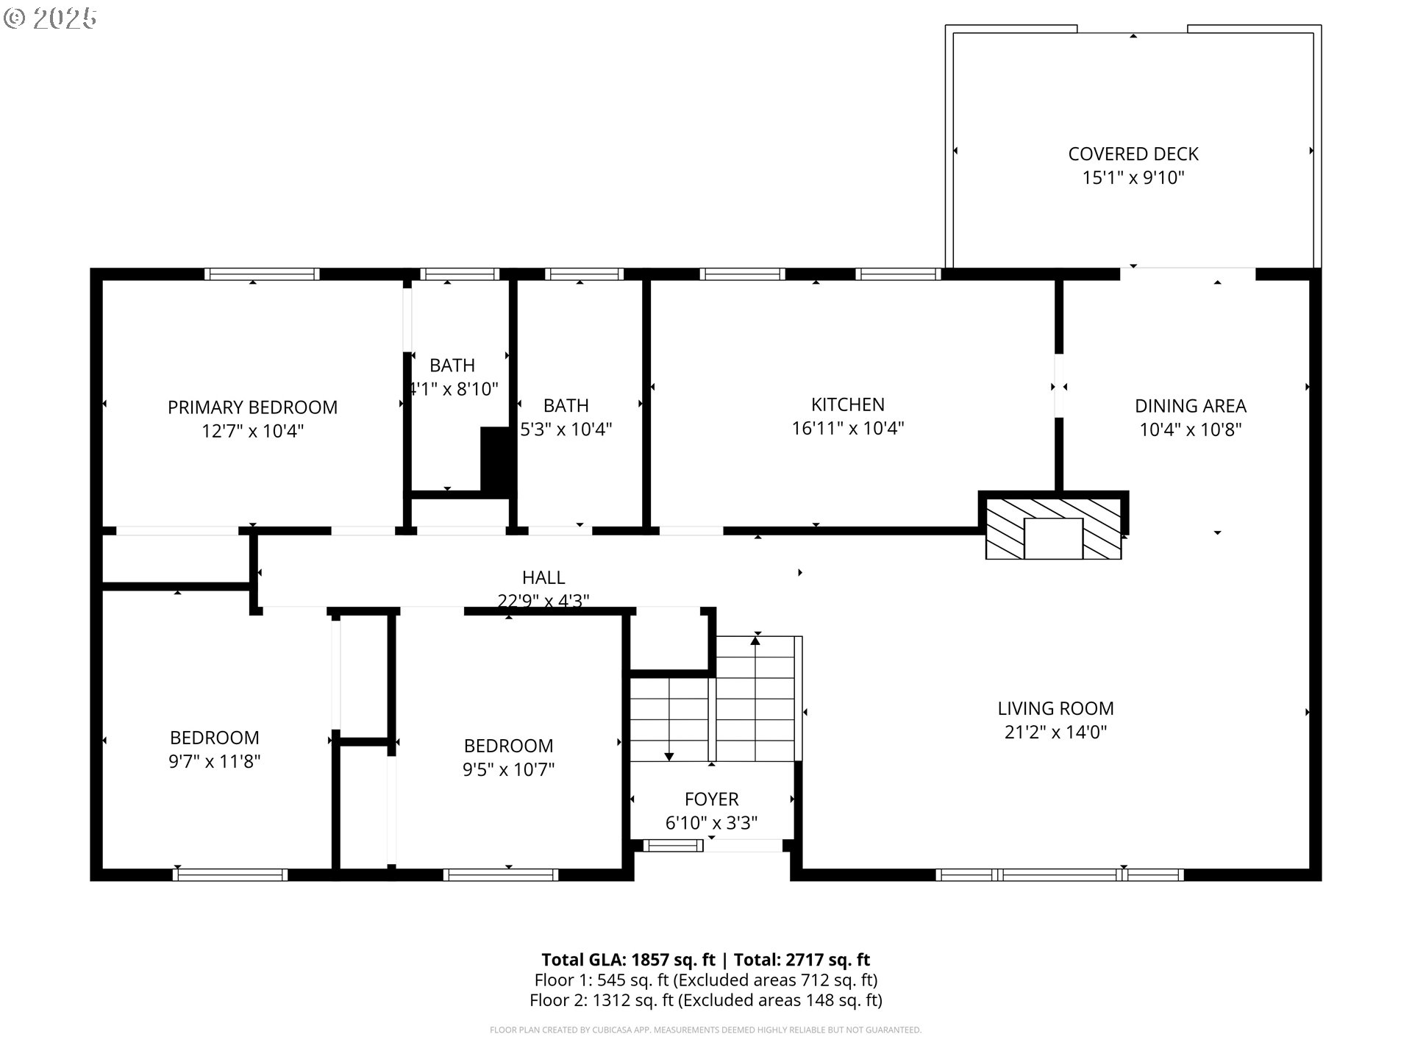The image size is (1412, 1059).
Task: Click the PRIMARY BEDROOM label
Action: [252, 407]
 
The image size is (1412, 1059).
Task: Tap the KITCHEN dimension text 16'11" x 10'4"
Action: [847, 428]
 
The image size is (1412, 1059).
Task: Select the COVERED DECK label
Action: [1133, 154]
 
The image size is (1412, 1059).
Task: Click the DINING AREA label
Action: [1190, 406]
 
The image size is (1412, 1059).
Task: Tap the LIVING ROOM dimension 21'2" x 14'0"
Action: [1055, 732]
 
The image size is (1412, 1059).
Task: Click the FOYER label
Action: [711, 799]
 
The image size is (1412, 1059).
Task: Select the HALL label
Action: [543, 578]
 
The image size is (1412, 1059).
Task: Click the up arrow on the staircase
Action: [755, 641]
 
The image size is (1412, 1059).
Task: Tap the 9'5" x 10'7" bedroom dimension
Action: [508, 769]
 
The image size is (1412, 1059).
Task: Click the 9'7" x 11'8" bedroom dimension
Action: [214, 761]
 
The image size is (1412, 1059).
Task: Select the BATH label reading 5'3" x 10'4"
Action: [566, 406]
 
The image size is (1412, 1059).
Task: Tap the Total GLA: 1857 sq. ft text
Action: [628, 960]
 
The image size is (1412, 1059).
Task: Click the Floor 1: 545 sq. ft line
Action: [705, 980]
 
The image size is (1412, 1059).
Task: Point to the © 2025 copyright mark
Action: [50, 18]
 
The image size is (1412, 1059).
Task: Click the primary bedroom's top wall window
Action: [262, 274]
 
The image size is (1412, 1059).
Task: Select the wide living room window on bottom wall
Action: [1059, 874]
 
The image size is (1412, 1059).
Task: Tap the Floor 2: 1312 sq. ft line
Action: [705, 1000]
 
